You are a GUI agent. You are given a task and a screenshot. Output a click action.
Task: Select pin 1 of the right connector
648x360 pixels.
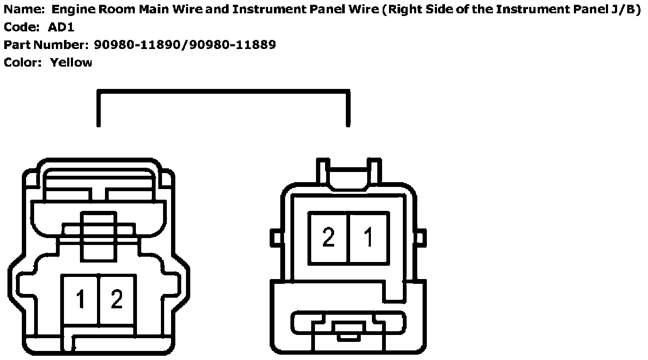point(369,237)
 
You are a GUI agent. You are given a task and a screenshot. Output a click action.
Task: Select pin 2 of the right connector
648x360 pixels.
point(329,237)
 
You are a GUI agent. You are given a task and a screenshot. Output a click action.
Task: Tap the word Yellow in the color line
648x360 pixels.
point(71,62)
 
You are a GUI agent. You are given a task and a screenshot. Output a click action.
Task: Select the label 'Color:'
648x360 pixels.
point(22,62)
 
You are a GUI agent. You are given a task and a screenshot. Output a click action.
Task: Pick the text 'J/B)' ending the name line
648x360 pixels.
point(625,10)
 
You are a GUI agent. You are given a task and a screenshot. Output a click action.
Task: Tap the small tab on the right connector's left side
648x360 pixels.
point(276,238)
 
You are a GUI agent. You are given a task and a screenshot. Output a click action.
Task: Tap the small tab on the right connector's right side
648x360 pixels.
point(420,238)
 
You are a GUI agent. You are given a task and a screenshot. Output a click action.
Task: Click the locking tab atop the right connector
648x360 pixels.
point(349,176)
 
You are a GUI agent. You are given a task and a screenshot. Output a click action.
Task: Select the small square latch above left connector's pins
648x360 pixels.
point(99,235)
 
